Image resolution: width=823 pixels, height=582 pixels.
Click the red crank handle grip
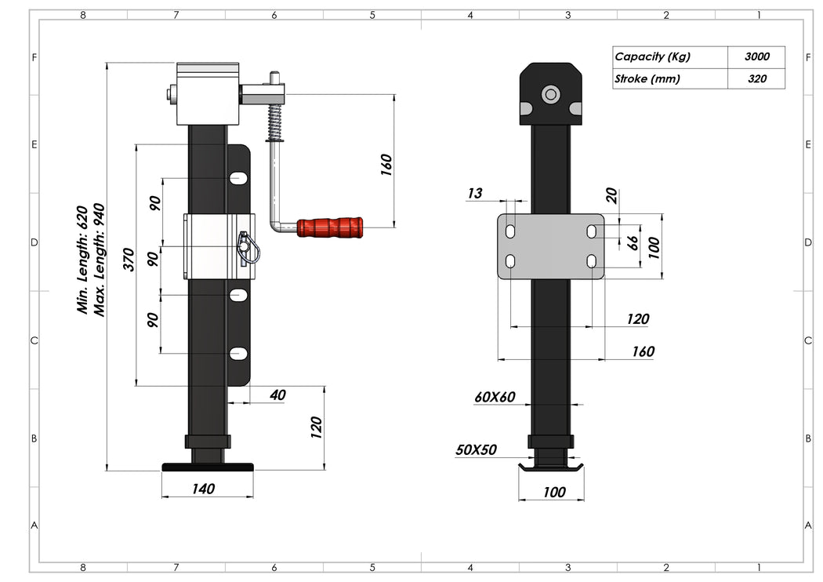[x=331, y=228]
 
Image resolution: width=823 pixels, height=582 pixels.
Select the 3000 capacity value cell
[x=756, y=56]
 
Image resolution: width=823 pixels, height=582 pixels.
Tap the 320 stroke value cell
[x=756, y=78]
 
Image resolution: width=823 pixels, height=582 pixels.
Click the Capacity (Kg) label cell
[x=669, y=56]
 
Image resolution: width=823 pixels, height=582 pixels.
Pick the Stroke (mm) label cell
[x=669, y=78]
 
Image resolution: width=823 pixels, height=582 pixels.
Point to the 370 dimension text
[x=130, y=260]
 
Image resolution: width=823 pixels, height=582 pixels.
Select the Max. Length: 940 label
[x=100, y=260]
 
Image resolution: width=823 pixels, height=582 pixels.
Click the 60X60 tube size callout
[x=495, y=397]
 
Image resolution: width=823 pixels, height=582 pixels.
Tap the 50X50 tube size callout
[x=476, y=450]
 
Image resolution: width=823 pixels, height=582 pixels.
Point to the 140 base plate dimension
[x=203, y=489]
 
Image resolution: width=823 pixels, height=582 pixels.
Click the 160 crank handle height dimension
[x=386, y=163]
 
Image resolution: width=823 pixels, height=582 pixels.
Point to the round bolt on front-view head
[x=551, y=95]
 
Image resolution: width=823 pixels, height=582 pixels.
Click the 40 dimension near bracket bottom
[x=277, y=395]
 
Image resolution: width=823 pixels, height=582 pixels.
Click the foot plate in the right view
[x=552, y=467]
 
